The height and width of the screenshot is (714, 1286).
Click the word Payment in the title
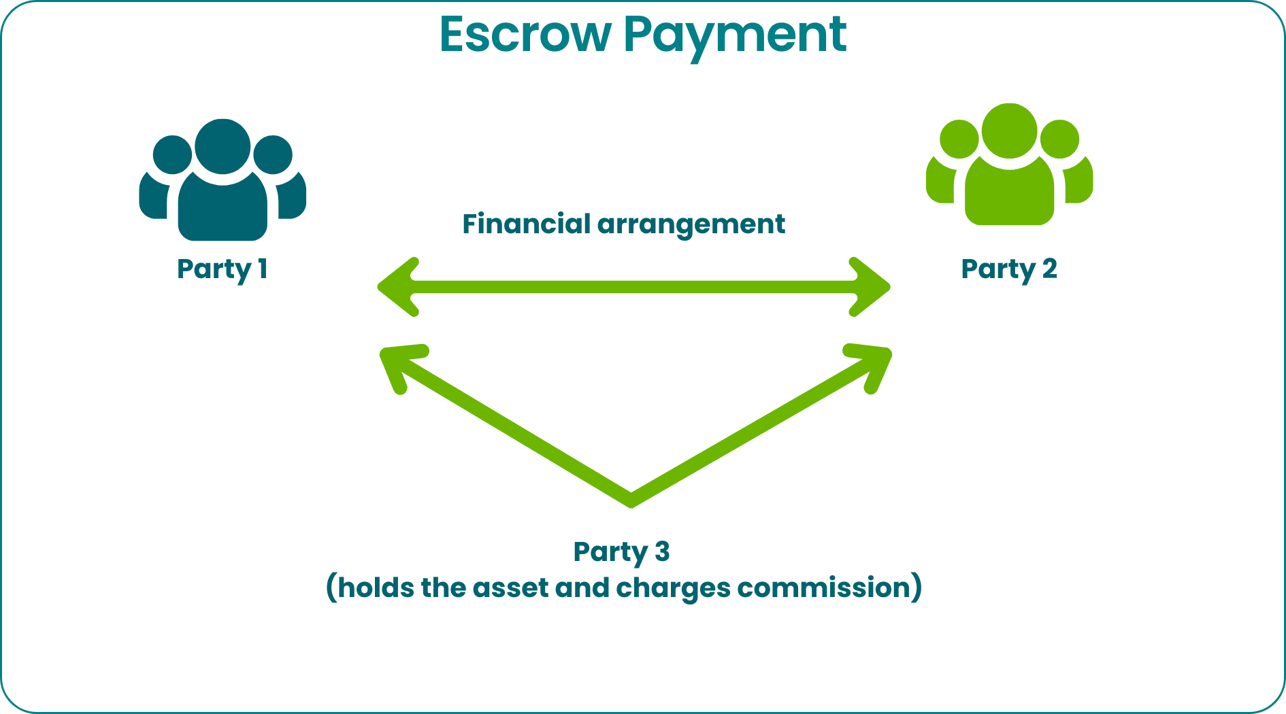click(x=735, y=37)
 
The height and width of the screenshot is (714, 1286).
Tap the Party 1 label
click(x=222, y=270)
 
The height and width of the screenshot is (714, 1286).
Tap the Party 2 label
click(x=1009, y=270)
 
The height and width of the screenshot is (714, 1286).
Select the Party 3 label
click(x=622, y=552)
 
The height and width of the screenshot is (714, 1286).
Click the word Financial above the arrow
click(x=527, y=224)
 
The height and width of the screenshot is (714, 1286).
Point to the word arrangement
click(x=691, y=226)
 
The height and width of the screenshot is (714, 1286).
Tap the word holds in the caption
click(x=376, y=587)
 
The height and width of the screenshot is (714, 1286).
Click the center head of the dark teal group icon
click(x=222, y=146)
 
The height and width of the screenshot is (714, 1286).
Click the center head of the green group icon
click(x=1010, y=131)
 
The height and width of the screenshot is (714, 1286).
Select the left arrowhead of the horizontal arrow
click(x=399, y=287)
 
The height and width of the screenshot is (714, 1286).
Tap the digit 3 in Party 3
click(x=662, y=551)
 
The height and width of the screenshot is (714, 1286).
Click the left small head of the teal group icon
click(x=172, y=154)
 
